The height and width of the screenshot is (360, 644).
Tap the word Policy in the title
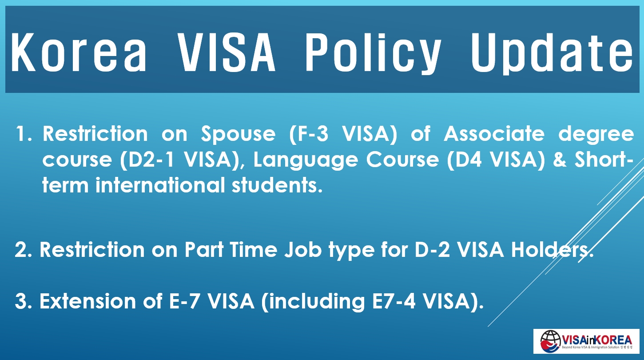(x=374, y=51)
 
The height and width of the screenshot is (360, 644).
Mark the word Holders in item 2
(x=551, y=250)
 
